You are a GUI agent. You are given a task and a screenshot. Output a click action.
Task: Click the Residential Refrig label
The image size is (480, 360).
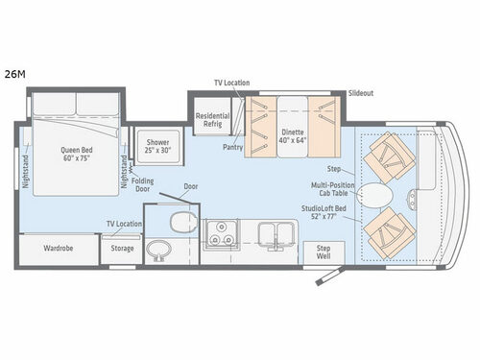(213, 118)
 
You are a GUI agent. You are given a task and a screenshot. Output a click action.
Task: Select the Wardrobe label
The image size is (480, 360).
(58, 247)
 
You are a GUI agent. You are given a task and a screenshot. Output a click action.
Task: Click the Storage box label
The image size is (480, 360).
(122, 248)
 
